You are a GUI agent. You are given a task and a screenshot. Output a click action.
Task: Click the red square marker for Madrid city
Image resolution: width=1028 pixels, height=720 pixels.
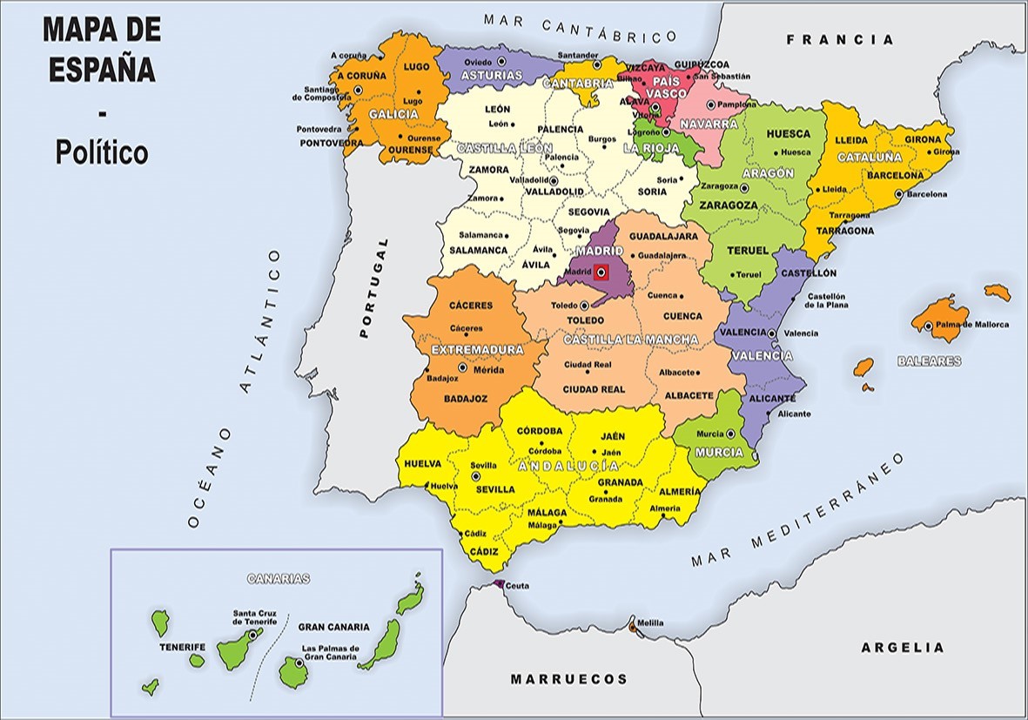(601, 273)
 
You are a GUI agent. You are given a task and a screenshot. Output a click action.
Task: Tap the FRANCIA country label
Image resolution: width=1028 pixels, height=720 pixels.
(840, 39)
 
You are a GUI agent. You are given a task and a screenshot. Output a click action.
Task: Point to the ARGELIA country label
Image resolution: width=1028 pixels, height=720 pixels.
(902, 648)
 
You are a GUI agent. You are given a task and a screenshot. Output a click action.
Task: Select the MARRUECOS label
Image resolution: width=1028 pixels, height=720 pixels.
(569, 679)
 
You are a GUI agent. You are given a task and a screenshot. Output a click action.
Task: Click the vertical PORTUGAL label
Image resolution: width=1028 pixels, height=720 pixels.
(366, 288)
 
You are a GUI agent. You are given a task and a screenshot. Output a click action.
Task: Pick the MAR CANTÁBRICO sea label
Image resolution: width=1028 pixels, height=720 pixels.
(581, 27)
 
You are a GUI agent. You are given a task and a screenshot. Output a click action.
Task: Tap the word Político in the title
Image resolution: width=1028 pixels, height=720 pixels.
(102, 153)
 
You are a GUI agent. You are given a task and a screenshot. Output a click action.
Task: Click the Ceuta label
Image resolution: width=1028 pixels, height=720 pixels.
(517, 586)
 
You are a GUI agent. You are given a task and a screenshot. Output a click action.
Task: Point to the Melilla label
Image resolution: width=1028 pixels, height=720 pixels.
(649, 623)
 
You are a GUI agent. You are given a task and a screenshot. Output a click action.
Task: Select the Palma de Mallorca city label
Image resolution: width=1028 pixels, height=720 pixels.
(973, 326)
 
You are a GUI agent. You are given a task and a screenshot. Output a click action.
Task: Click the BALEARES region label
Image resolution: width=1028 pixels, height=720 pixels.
(930, 360)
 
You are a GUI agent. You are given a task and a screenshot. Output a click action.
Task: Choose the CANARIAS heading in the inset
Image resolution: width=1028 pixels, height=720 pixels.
(279, 578)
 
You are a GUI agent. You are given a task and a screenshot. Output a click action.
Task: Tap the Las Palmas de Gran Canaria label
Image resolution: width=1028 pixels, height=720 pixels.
(329, 653)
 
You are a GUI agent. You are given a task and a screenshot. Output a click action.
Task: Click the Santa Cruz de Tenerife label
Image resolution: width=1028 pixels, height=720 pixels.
(254, 617)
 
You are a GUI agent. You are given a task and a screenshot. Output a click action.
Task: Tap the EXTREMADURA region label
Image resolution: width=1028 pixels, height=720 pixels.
(478, 350)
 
